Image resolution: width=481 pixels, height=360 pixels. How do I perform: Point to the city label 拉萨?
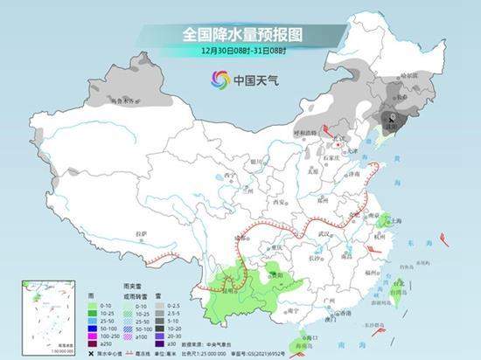143,233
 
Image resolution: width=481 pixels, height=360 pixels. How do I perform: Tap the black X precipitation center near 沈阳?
393,115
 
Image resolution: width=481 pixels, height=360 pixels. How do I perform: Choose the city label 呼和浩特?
305,133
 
